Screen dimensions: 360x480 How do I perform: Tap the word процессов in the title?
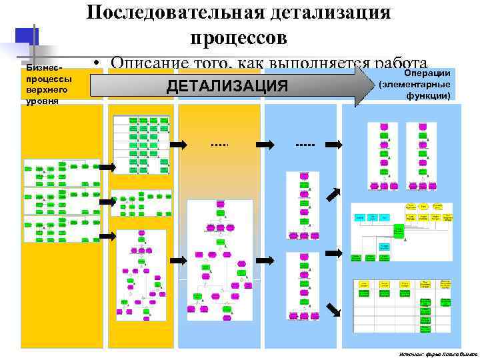click(x=239, y=37)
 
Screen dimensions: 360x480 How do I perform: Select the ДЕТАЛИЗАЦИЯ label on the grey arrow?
click(x=227, y=86)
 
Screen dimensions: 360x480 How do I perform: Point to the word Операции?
click(x=428, y=73)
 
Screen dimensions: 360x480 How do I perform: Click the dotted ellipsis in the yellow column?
click(x=219, y=144)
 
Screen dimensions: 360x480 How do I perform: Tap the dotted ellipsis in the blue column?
click(x=305, y=144)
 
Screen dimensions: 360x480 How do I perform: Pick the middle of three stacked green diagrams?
click(x=61, y=201)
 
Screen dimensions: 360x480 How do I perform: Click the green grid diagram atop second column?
click(x=141, y=137)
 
